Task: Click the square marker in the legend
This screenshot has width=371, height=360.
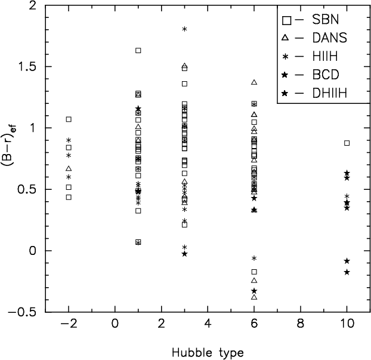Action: (x=286, y=20)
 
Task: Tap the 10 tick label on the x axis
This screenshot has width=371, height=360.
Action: (x=347, y=325)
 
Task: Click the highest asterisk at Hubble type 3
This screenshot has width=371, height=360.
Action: (x=184, y=29)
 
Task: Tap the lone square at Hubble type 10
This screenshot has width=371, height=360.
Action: (x=347, y=143)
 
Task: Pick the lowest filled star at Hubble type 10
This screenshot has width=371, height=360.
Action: (x=347, y=272)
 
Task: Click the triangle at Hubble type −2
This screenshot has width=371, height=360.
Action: (x=69, y=168)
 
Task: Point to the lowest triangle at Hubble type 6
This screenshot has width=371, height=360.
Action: (x=254, y=297)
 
